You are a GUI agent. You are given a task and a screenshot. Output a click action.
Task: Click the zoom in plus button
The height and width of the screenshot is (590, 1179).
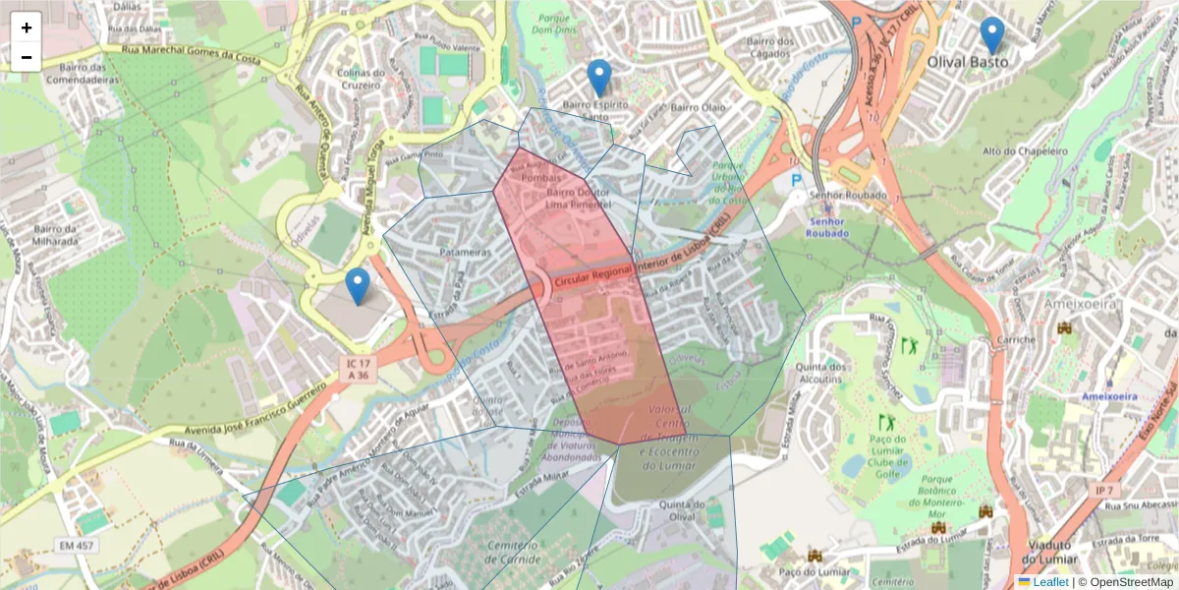[27, 28]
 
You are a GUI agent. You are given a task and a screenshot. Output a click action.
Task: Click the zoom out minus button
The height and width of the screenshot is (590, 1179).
[27, 57]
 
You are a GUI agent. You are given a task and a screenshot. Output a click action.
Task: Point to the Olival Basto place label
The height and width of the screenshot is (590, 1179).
[968, 61]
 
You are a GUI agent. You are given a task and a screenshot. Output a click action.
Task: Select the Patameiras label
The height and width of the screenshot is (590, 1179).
[465, 253]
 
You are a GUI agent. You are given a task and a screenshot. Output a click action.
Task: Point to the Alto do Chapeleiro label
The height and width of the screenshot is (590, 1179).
[1025, 151]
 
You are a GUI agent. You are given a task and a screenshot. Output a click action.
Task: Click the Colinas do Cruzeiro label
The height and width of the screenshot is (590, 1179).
[361, 79]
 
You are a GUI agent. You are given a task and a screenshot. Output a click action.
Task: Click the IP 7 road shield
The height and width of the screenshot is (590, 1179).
[1104, 489]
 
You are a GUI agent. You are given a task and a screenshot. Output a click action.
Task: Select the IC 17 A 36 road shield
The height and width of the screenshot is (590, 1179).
[358, 368]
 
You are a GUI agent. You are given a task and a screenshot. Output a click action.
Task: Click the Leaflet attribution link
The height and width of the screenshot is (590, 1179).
[1050, 582]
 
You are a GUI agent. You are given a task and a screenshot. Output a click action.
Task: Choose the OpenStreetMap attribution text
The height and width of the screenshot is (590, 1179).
[1128, 582]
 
